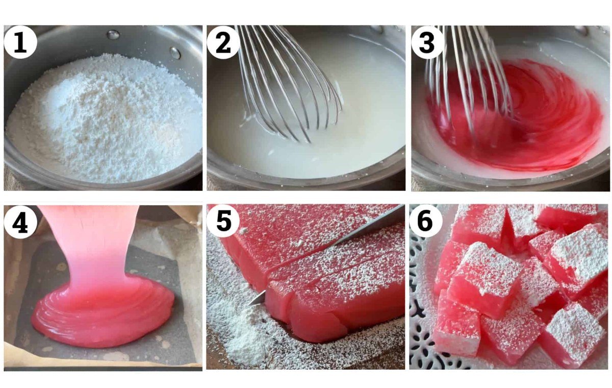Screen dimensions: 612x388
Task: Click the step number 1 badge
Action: point(20,42)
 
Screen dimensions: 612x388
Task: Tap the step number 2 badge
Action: point(223,42)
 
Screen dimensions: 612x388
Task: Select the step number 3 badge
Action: point(427,42)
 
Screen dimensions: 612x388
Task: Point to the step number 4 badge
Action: point(20,222)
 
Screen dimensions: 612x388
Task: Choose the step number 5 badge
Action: point(223,221)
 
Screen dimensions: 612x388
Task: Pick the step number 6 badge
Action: point(426,221)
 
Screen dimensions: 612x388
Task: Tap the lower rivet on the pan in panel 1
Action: point(175,53)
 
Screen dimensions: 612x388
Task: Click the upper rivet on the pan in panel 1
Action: point(113,35)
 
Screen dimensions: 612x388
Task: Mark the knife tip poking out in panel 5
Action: point(256,299)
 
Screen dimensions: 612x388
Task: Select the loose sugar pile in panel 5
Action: point(246,336)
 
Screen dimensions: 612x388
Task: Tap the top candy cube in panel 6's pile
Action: point(485,270)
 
